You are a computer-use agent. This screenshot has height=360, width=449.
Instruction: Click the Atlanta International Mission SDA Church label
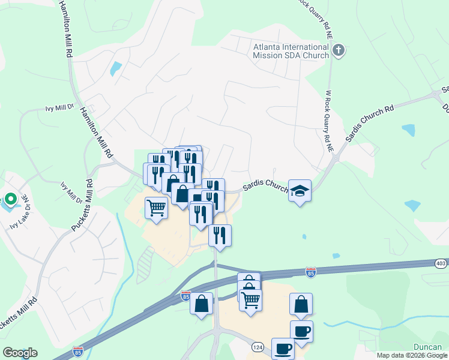click(x=291, y=51)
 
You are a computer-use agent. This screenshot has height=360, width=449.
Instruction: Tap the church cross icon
click(x=339, y=50)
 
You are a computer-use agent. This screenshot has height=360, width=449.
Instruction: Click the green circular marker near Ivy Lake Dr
click(x=10, y=199)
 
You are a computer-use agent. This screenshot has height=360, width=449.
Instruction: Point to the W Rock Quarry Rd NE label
click(x=328, y=120)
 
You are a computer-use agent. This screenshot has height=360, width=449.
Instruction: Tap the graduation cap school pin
click(x=300, y=191)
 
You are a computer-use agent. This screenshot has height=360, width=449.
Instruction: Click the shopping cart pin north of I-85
click(x=157, y=208)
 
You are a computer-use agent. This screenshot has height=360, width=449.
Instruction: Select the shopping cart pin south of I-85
click(x=250, y=298)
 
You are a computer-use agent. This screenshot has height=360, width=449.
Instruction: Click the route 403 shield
click(x=441, y=263)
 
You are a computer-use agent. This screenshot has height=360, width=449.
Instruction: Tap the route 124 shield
click(x=258, y=347)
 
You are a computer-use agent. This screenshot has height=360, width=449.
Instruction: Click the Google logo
click(x=20, y=353)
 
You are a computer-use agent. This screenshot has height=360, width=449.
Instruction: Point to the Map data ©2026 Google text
click(x=411, y=355)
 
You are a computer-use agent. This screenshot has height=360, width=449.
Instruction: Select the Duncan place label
click(x=428, y=347)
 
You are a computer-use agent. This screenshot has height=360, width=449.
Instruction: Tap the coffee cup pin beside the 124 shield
click(x=283, y=348)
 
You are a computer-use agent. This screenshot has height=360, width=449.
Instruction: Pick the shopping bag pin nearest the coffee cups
click(x=301, y=304)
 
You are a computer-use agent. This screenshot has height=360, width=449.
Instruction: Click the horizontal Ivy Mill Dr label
click(x=59, y=109)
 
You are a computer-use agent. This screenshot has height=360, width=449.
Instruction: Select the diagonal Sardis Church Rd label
click(x=369, y=124)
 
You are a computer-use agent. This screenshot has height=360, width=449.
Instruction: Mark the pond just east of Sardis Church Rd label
click(x=408, y=130)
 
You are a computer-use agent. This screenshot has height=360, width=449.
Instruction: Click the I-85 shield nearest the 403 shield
click(x=310, y=272)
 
